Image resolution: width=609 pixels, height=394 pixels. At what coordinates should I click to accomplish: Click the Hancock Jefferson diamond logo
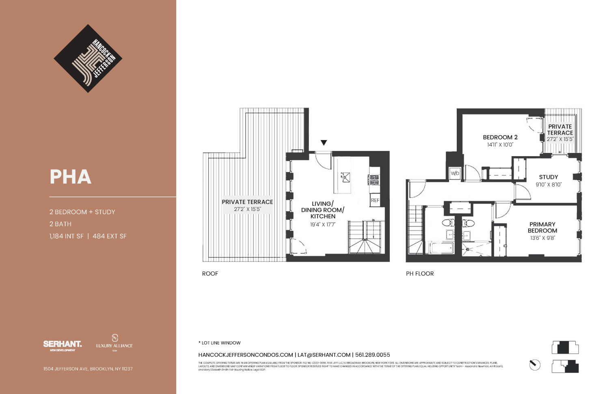click(88, 58)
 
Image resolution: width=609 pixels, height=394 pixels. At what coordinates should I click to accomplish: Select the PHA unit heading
click(71, 177)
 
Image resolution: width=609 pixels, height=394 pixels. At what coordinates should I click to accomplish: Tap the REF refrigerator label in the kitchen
click(375, 200)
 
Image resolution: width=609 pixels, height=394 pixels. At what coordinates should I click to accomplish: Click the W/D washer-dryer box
click(455, 173)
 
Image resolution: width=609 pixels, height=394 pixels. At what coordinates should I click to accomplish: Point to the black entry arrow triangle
click(324, 142)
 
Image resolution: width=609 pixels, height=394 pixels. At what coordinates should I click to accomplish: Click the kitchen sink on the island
click(346, 177)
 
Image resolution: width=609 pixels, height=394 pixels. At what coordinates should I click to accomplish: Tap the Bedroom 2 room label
click(500, 138)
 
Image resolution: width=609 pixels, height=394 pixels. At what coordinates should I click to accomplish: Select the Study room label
click(549, 177)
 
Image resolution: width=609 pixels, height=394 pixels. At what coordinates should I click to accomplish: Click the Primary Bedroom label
click(542, 227)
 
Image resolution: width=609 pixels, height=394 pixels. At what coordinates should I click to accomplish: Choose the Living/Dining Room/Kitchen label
click(323, 210)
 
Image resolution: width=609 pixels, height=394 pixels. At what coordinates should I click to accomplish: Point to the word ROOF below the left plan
click(210, 274)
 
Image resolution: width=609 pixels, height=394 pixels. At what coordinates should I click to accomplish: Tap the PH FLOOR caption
click(420, 274)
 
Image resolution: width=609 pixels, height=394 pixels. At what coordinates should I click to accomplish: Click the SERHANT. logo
click(63, 344)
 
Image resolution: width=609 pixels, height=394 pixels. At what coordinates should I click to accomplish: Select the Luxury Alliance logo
click(114, 342)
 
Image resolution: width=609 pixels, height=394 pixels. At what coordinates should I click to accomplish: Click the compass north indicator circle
click(535, 365)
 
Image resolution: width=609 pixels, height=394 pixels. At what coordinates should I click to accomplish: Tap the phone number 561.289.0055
click(372, 355)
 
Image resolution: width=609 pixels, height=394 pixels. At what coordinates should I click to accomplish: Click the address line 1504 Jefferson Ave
click(88, 369)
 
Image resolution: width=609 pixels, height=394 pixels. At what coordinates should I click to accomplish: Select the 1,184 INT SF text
click(67, 236)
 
